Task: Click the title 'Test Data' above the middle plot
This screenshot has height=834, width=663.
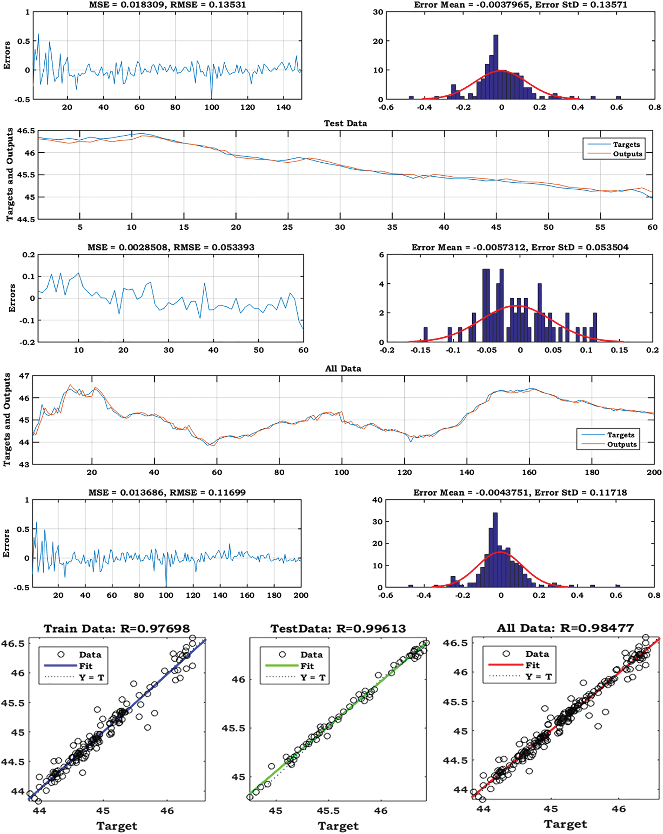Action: (345, 123)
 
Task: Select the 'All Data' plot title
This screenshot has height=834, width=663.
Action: (343, 369)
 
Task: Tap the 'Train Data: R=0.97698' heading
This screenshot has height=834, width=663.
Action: (117, 629)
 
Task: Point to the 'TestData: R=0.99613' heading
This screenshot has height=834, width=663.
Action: (338, 629)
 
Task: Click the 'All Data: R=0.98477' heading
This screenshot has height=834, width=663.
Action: (565, 628)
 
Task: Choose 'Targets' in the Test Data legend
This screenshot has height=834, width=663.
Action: (626, 145)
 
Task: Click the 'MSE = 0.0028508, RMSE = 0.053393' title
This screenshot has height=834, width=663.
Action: (171, 248)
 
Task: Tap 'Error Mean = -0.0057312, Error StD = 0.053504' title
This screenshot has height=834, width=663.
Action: (520, 248)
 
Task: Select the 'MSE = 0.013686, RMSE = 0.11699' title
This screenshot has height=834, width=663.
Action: (167, 493)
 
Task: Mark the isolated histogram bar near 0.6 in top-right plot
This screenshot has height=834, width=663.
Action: (618, 98)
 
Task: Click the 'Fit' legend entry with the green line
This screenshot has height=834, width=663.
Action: (307, 666)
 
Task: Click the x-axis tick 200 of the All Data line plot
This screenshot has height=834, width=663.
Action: (654, 472)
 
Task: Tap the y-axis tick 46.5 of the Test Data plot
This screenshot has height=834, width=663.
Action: (26, 131)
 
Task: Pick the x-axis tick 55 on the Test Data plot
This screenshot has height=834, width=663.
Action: (600, 227)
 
